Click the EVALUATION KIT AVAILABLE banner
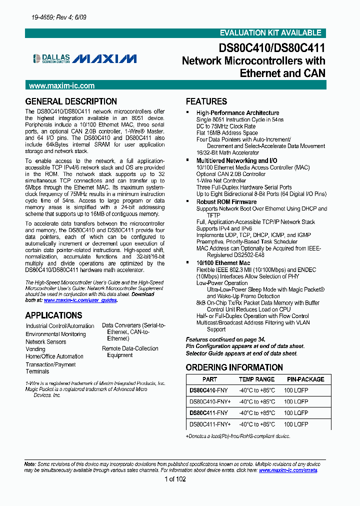pos(270,33)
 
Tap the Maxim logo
pos(104,58)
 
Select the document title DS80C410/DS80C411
pos(272,48)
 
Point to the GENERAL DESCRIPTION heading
pos(71,101)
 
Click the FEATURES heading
pos(206,101)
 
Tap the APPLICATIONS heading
pos(53,315)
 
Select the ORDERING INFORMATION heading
pos(234,367)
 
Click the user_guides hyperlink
pos(80,300)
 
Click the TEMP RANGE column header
pos(256,379)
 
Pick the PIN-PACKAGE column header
pos(305,379)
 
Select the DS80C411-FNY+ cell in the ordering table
pos(210,424)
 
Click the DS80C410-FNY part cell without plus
pos(208,390)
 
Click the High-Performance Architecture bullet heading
pos(237,113)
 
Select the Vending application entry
pos(35,349)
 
